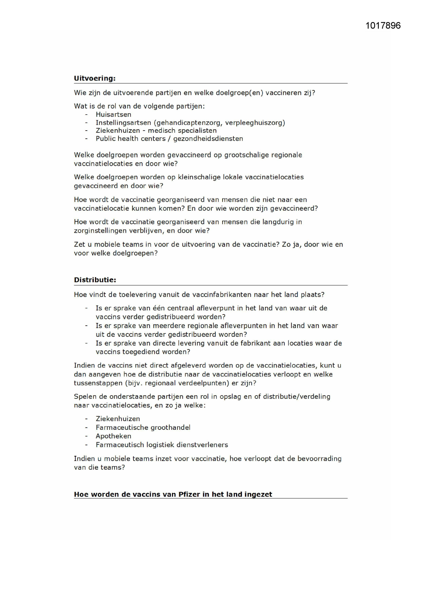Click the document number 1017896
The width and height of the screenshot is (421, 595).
tap(383, 26)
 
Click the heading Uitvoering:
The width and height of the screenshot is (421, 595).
tap(95, 78)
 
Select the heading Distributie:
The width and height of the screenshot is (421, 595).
tap(95, 280)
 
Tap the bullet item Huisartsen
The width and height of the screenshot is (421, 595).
tap(113, 115)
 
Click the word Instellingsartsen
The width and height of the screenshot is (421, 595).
tap(123, 123)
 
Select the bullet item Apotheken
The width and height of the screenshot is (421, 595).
tap(113, 436)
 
